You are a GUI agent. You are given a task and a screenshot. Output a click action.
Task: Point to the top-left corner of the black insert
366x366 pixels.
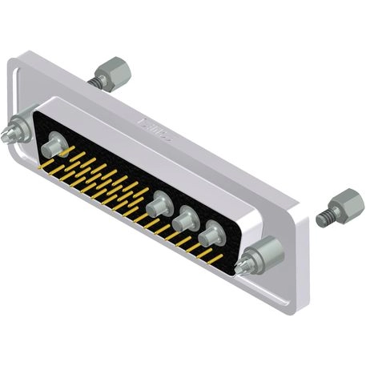click(40, 112)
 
